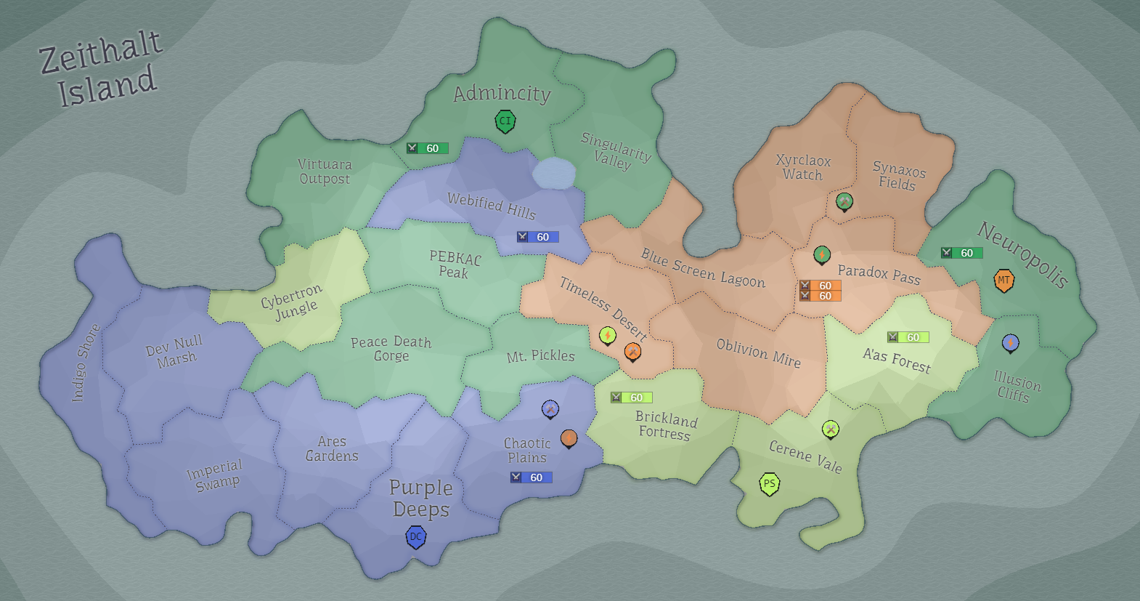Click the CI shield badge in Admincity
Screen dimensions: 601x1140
coord(505,121)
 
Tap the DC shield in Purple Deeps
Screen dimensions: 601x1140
coord(415,537)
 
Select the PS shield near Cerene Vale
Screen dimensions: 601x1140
coord(769,484)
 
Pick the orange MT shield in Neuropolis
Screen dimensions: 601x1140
coord(1003,281)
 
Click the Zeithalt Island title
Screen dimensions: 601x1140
coord(102,70)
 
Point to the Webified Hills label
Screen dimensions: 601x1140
coord(492,205)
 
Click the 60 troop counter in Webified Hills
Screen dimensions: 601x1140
coord(538,237)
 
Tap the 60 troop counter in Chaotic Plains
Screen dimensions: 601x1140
coord(532,477)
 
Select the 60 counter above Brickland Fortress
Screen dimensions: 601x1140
coord(632,398)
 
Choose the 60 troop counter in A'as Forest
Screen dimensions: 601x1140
coord(908,337)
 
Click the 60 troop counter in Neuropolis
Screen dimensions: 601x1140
coord(962,253)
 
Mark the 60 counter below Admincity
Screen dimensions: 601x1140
coord(428,148)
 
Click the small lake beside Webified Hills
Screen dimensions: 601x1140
coord(553,174)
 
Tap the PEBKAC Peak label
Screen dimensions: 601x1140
coord(455,265)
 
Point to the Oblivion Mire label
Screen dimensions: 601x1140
coord(758,353)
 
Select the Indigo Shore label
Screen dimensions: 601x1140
coord(86,363)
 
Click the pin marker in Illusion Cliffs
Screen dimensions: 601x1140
coord(1010,342)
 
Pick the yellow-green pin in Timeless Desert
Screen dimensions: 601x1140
coord(608,335)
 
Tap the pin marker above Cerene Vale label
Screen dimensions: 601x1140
coord(831,429)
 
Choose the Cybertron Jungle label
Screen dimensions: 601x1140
coord(292,302)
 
